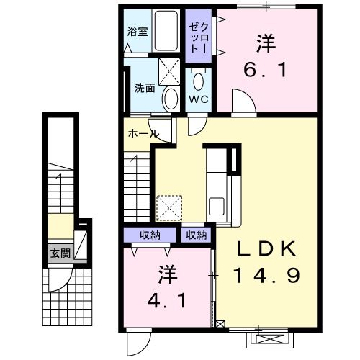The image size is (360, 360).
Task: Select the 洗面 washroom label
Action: pyautogui.click(x=144, y=89)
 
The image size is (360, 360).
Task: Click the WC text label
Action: pyautogui.click(x=198, y=99)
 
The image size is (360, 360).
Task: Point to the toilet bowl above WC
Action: pyautogui.click(x=198, y=79)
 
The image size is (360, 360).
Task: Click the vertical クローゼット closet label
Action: pyautogui.click(x=198, y=36)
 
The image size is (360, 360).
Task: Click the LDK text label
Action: pyautogui.click(x=267, y=248)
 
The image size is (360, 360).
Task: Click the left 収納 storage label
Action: pyautogui.click(x=150, y=235)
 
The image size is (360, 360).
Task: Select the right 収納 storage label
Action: pyautogui.click(x=196, y=235)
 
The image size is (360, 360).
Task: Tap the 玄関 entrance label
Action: pyautogui.click(x=60, y=253)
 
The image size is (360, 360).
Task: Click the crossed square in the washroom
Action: pyautogui.click(x=171, y=70)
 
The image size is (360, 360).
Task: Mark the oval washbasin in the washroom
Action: pyautogui.click(x=171, y=97)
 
